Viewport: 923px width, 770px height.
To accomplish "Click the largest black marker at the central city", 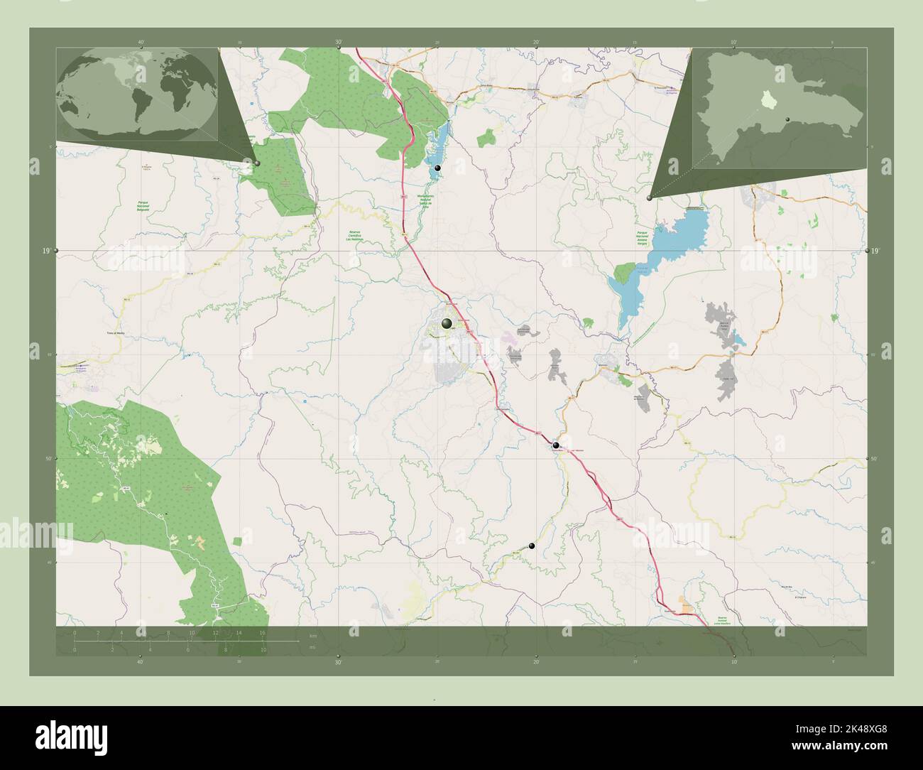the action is [447, 324].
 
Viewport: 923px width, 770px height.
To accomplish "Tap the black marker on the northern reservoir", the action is [438, 168].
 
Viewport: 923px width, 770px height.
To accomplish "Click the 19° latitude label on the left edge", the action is [45, 251].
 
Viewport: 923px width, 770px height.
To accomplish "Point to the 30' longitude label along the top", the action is [339, 43].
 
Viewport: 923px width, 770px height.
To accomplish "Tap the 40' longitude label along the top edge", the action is [141, 43].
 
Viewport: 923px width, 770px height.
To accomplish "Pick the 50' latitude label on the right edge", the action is [875, 459].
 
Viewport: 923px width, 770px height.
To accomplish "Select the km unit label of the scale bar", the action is [312, 635].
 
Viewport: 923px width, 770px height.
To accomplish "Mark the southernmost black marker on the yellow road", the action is [532, 546].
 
